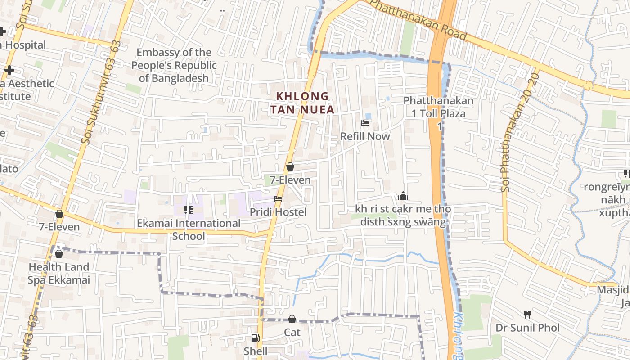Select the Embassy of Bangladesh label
click(x=174, y=65)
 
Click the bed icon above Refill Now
click(x=365, y=123)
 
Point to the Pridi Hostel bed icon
click(x=278, y=199)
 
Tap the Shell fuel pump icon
click(x=255, y=338)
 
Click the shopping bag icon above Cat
click(x=292, y=319)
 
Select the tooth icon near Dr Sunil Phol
click(x=527, y=314)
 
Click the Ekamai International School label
click(x=189, y=229)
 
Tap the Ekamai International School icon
click(x=189, y=210)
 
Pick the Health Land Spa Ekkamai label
click(x=59, y=274)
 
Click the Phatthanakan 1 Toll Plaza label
click(x=438, y=107)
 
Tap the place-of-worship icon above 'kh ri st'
click(x=403, y=196)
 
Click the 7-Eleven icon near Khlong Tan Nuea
click(x=290, y=166)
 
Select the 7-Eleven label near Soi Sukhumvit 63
click(x=59, y=227)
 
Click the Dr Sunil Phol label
click(x=527, y=327)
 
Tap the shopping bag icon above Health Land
click(x=59, y=254)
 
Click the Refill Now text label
click(x=365, y=136)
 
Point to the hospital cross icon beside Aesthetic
click(x=9, y=70)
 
